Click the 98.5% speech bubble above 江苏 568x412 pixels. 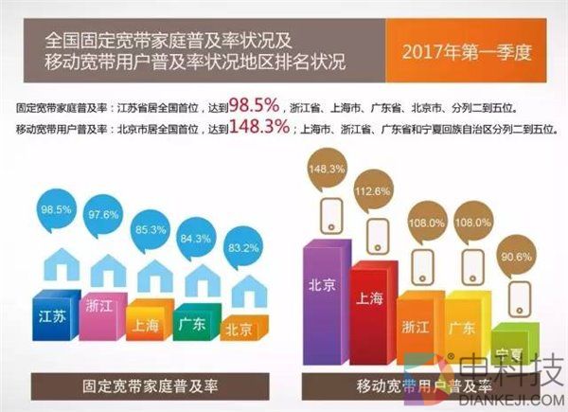(55, 208)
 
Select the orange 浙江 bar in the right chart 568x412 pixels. (418, 327)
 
